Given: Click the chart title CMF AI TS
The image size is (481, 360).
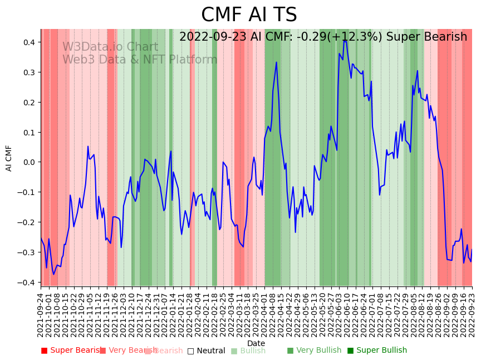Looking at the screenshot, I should coord(249,15).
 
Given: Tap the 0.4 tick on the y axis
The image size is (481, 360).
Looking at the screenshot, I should coord(29,42).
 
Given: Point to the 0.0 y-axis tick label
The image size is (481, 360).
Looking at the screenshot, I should coord(29,162).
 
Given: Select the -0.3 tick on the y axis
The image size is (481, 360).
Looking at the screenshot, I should coord(27,252).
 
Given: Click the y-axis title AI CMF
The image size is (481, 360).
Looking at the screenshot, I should coord(9,158).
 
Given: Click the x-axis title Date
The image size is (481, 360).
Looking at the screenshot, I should coord(256,343).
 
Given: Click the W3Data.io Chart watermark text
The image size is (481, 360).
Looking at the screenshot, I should coord(110,47).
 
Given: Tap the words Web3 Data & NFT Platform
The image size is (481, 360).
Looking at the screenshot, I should coord(140,60).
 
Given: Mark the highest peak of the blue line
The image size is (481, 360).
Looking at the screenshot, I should coord(345,41).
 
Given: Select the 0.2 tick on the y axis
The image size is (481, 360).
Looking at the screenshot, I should coord(29,103).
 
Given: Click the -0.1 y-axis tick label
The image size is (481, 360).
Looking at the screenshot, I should coord(27,192).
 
